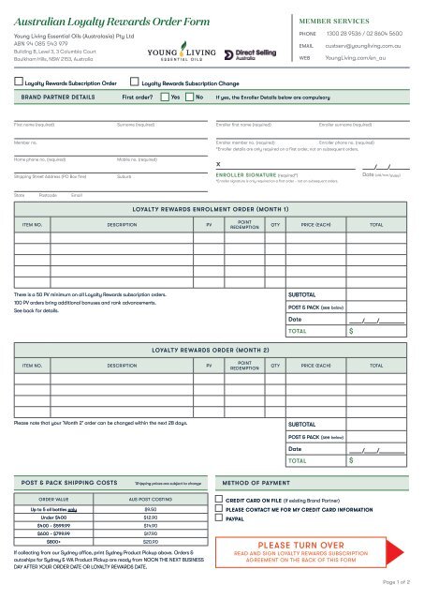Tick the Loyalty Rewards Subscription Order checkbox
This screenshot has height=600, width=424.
pyautogui.click(x=18, y=82)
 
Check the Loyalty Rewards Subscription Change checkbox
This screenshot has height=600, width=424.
pyautogui.click(x=135, y=82)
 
